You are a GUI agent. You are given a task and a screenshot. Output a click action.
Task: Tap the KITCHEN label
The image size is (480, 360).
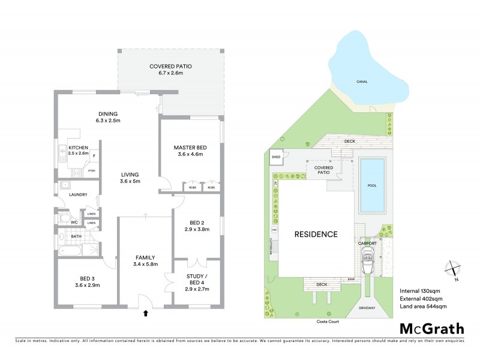[x=79, y=147]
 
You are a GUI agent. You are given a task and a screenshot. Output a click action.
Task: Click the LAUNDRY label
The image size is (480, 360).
[x=78, y=194]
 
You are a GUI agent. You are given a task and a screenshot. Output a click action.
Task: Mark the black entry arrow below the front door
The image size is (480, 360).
[x=145, y=313]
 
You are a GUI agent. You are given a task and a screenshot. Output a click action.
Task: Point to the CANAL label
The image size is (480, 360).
[x=362, y=82]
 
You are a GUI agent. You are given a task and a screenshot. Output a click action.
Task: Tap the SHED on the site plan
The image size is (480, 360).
[x=276, y=157]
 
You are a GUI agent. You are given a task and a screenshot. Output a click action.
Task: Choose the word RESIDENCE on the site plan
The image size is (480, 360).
[x=316, y=235]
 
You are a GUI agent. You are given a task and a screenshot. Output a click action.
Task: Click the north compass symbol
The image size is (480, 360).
[x=452, y=271]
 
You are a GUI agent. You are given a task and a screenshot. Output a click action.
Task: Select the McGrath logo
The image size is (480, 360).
[x=431, y=328]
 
